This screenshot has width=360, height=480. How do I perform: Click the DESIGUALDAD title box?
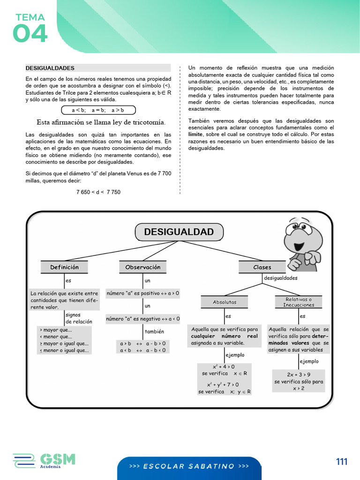tap(179, 232)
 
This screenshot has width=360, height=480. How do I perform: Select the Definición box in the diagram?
tap(65, 267)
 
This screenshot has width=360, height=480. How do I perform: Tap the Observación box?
tap(143, 267)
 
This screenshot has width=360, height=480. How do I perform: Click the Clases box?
tap(262, 267)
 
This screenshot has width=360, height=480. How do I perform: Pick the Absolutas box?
tap(225, 302)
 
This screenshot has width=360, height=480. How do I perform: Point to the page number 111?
tap(342, 462)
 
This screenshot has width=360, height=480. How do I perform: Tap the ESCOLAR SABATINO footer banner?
tap(189, 466)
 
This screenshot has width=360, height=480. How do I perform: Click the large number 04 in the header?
tap(30, 34)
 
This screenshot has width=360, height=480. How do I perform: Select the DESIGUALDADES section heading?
tap(50, 68)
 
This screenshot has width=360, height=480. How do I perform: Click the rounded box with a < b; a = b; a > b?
tap(98, 110)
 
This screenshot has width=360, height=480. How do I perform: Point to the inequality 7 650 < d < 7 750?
tap(98, 192)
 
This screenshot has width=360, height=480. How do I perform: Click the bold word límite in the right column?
tap(195, 134)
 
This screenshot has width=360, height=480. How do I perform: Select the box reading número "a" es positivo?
tap(143, 293)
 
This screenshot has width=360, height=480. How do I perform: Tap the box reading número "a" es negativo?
tap(143, 319)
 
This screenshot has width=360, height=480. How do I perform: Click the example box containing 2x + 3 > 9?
tap(299, 381)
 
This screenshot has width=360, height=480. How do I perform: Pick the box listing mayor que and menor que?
tap(64, 340)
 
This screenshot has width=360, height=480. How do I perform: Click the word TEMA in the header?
tap(30, 18)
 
